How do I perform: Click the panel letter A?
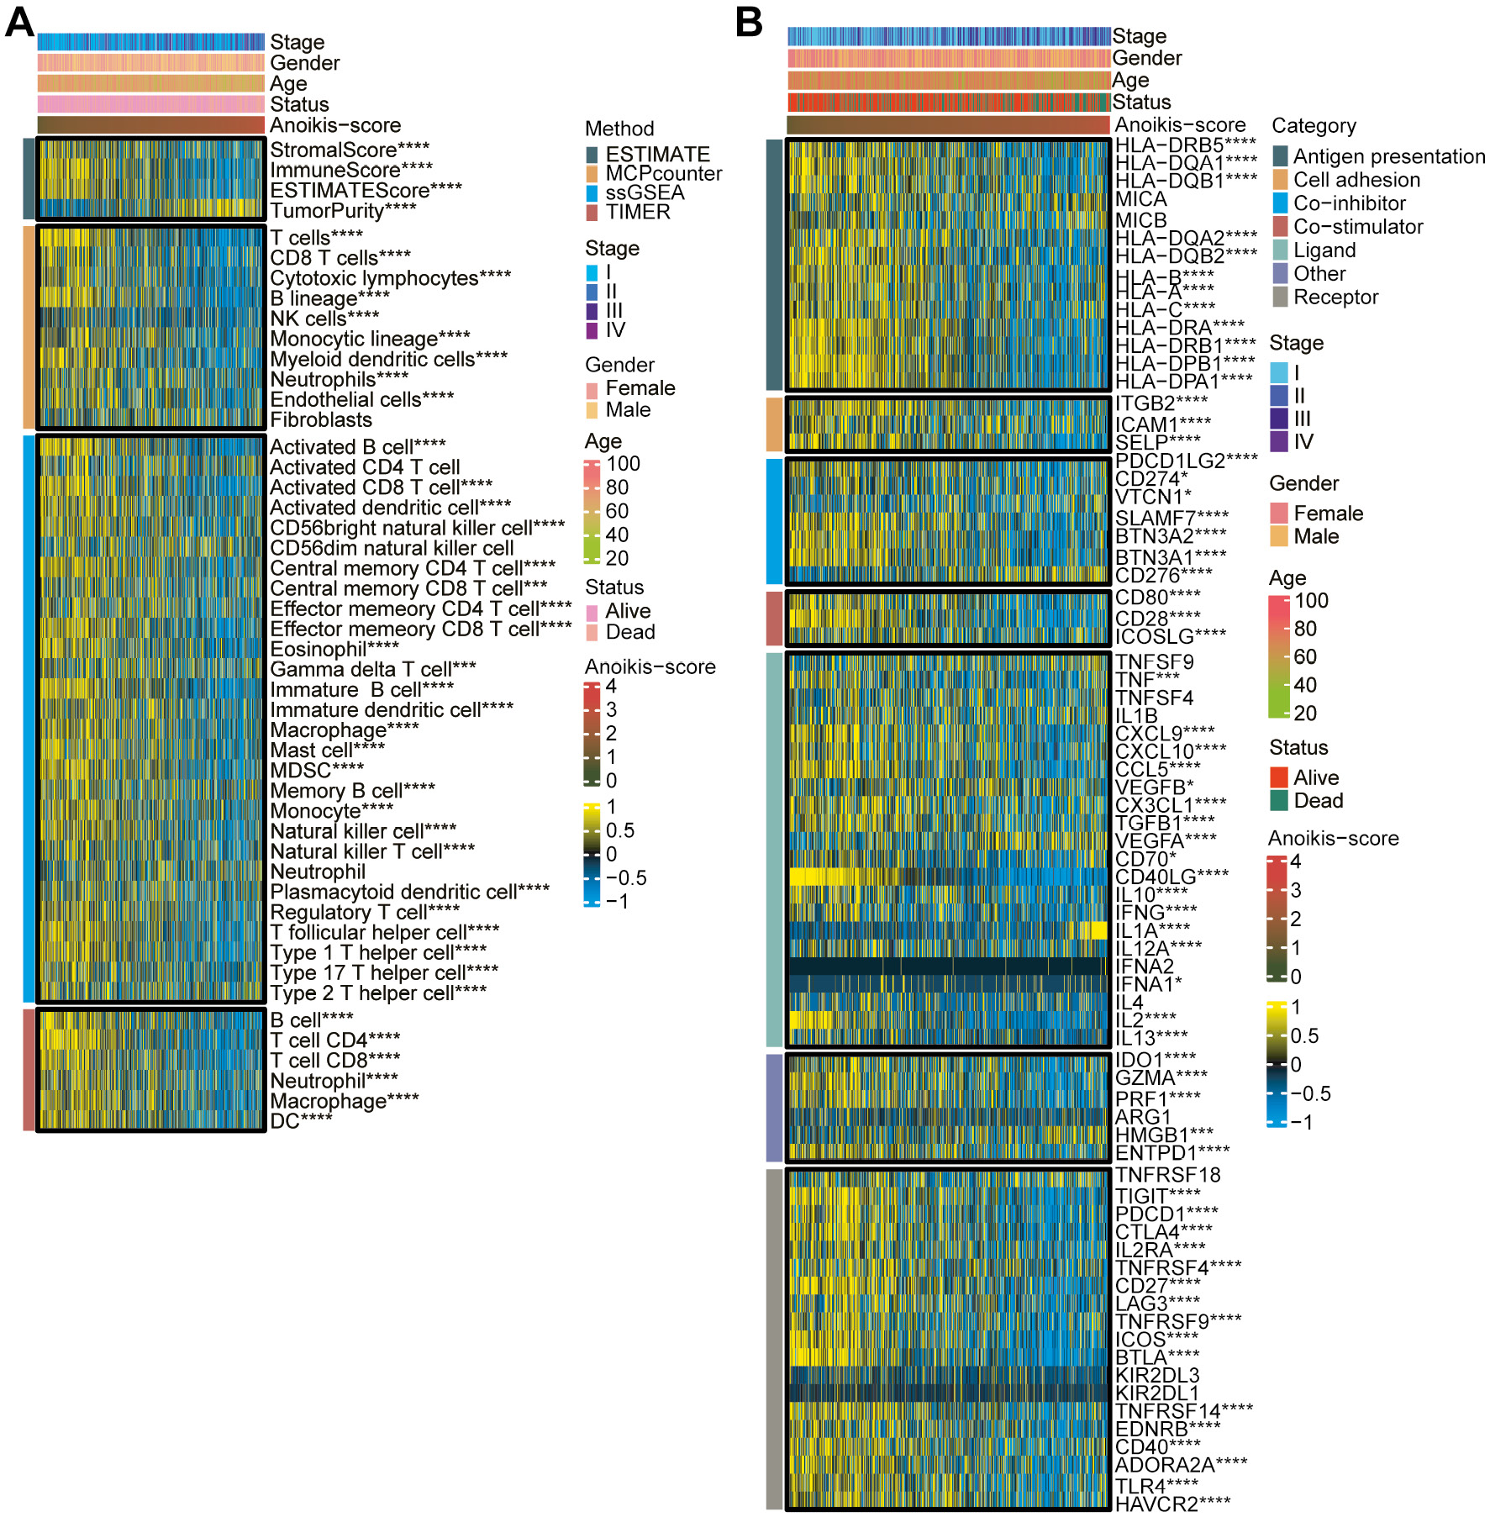click(19, 23)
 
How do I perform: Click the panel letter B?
click(749, 23)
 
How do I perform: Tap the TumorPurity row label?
click(343, 211)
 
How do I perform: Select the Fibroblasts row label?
click(321, 420)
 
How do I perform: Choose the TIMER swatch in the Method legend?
click(592, 213)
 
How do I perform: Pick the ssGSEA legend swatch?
click(592, 193)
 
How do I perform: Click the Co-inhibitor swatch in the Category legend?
click(1280, 203)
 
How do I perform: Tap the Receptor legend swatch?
click(1280, 298)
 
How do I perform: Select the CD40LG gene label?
click(1171, 877)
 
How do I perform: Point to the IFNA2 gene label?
click(1144, 967)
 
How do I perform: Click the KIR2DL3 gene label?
click(1156, 1376)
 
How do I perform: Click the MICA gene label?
click(1140, 200)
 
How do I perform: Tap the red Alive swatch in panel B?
click(1278, 777)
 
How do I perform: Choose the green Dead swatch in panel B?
click(1278, 801)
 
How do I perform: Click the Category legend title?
click(1314, 126)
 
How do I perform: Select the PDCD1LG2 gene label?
click(1186, 461)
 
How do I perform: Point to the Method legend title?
click(619, 129)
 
